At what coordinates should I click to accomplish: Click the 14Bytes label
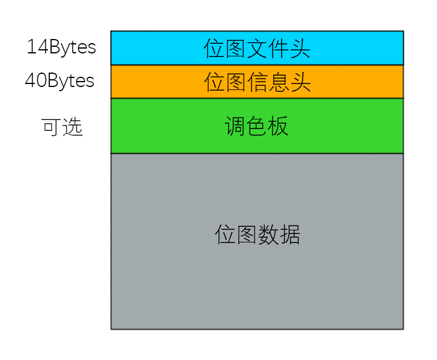click(x=61, y=47)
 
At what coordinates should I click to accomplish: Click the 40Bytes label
click(x=59, y=81)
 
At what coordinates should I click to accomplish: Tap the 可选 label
click(x=62, y=127)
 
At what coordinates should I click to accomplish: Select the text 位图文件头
click(x=257, y=49)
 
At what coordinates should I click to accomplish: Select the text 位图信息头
click(x=258, y=82)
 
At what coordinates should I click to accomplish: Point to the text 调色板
click(x=256, y=126)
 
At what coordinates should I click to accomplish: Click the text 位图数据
click(x=258, y=235)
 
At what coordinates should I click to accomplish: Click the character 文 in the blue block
click(x=257, y=49)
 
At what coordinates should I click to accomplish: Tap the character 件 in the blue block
click(x=278, y=49)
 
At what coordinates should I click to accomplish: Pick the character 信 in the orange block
click(x=258, y=82)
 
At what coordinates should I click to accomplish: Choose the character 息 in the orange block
click(x=279, y=82)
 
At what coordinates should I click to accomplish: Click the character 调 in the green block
click(x=235, y=126)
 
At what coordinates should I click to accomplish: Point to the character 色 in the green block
click(x=256, y=126)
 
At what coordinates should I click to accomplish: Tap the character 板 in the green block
click(x=278, y=126)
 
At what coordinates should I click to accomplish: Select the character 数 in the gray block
click(x=268, y=235)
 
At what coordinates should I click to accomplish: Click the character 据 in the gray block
click(x=290, y=235)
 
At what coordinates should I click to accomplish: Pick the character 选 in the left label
click(x=73, y=127)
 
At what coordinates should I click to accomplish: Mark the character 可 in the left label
click(x=52, y=127)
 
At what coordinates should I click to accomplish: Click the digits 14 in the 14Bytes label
click(x=38, y=46)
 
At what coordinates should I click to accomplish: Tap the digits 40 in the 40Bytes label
click(x=36, y=80)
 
